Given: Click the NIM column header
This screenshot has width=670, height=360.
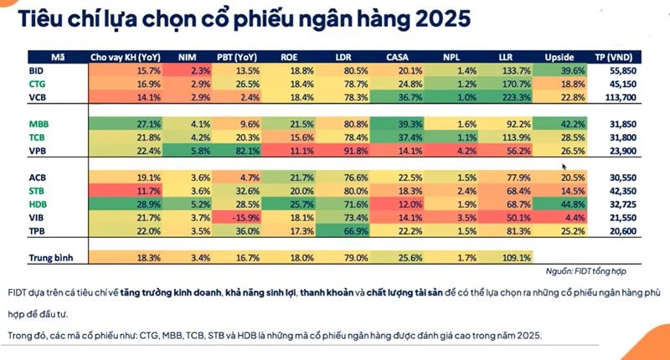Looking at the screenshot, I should [188, 58].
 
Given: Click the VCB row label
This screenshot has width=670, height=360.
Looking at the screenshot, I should [37, 98].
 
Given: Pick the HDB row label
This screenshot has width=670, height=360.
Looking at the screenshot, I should [37, 203].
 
